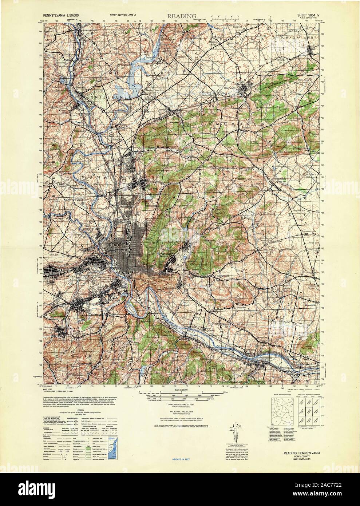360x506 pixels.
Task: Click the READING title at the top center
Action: pyautogui.click(x=182, y=16)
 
